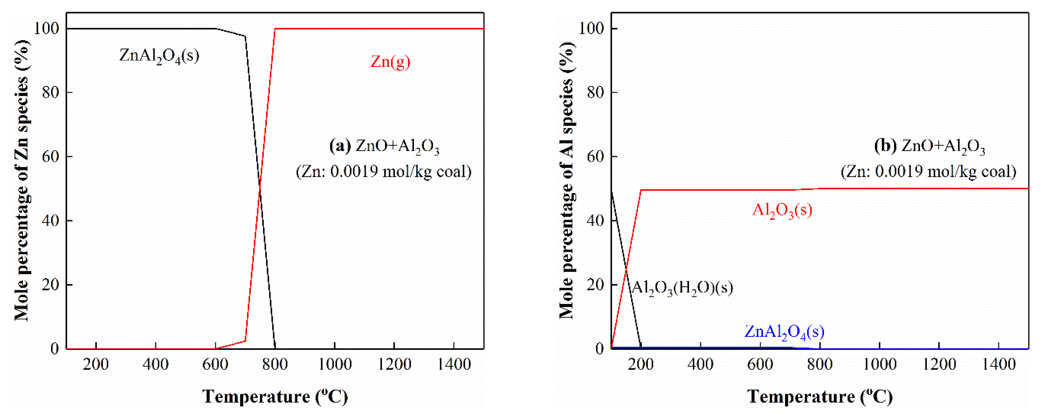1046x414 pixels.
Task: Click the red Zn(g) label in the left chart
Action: [x=390, y=62]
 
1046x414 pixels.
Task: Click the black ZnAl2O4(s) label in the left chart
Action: [x=159, y=55]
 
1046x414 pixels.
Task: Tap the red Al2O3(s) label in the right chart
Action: [x=782, y=210]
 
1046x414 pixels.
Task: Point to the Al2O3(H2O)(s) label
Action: [x=682, y=288]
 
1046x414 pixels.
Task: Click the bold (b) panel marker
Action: [x=885, y=146]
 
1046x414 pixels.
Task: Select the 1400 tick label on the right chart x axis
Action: [x=998, y=364]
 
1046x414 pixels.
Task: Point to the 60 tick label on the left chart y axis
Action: [x=51, y=156]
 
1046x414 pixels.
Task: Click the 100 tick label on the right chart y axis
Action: [x=591, y=29]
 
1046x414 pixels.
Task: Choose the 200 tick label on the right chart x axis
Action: [x=641, y=364]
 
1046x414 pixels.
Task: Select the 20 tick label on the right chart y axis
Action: [x=596, y=285]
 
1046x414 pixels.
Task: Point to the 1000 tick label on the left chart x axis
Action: [x=335, y=364]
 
